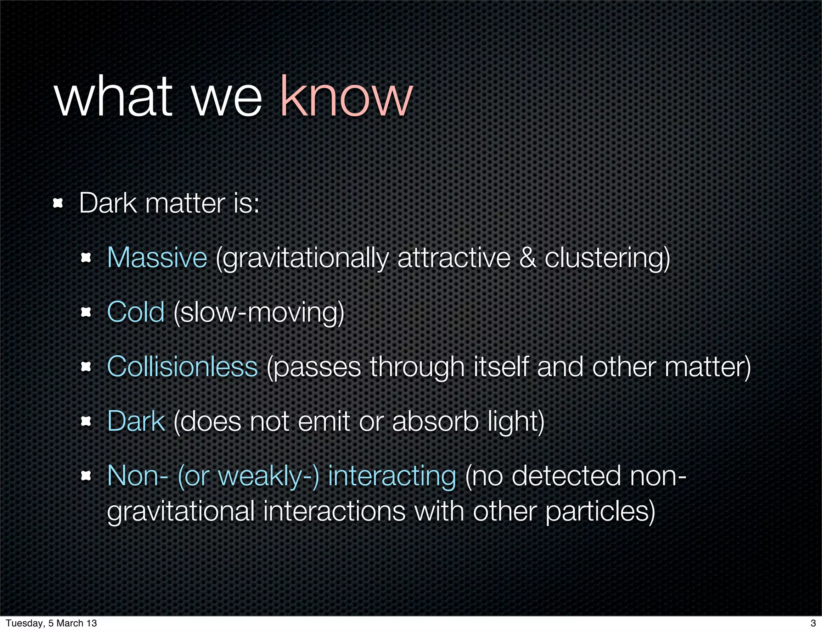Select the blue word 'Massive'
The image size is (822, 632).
[x=157, y=257]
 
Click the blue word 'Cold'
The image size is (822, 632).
[x=136, y=312]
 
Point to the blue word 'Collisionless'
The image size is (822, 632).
[x=182, y=367]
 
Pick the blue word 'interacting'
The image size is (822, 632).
[x=392, y=476]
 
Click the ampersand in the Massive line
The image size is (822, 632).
[x=527, y=257]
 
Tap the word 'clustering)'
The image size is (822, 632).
[x=607, y=257]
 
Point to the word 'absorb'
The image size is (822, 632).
[x=435, y=421]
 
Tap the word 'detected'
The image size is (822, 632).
[x=566, y=476]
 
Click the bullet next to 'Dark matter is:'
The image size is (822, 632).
[x=58, y=203]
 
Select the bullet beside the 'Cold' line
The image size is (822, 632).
[x=86, y=312]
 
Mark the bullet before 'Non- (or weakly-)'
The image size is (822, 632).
[x=86, y=476]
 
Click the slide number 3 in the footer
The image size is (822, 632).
[x=813, y=623]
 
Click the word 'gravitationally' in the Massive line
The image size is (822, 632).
[x=302, y=258]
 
